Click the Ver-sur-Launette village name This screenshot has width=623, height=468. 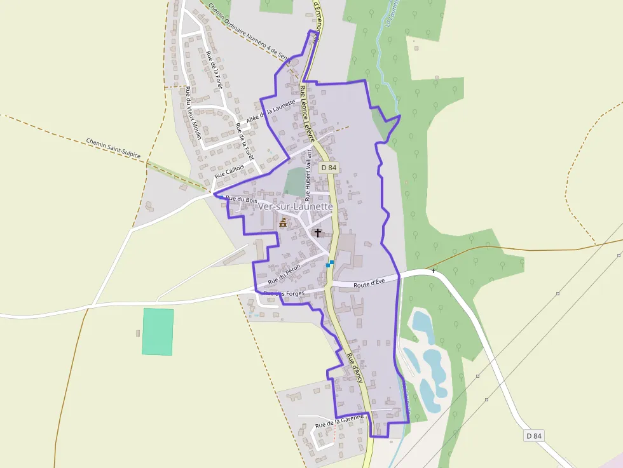point(296,206)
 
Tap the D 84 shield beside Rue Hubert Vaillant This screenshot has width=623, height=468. point(328,168)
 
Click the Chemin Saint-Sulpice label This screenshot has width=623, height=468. point(113,148)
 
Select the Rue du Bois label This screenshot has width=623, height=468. point(242,199)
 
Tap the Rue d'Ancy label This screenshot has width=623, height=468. point(355,366)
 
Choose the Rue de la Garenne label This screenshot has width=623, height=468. point(339,420)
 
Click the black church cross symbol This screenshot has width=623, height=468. point(318,233)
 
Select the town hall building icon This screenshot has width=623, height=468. point(284,222)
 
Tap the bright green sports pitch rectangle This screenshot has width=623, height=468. point(158,331)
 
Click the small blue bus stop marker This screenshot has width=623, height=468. point(330,264)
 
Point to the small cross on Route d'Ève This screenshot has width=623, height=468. point(434,271)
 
